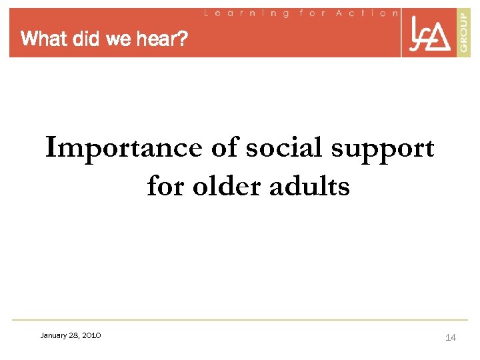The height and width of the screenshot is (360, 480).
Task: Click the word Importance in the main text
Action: [x=123, y=148]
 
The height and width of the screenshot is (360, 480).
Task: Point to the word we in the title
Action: [x=118, y=39]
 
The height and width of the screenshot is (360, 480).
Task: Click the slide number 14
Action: [x=451, y=338]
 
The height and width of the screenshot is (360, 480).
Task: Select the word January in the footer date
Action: [x=54, y=335]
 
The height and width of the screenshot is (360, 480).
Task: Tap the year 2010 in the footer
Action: [x=91, y=335]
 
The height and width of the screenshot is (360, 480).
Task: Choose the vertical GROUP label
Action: [x=464, y=32]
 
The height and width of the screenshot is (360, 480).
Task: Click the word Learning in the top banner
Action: [x=247, y=13]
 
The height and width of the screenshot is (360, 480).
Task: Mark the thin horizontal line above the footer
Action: [x=240, y=319]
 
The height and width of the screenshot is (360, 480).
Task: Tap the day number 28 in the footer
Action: [x=74, y=335]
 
